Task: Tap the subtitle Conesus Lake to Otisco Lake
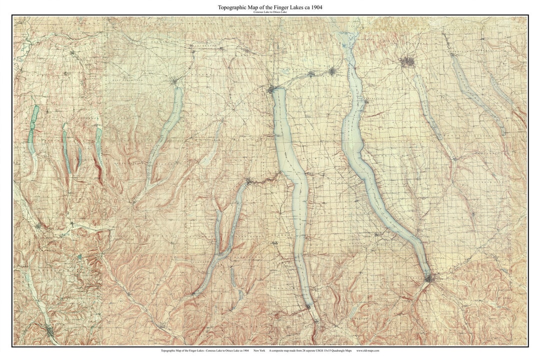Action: [x=269, y=12]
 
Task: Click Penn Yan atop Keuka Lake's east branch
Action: [x=248, y=181]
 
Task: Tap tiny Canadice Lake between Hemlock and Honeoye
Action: [x=78, y=155]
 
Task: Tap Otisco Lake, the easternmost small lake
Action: [x=502, y=92]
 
